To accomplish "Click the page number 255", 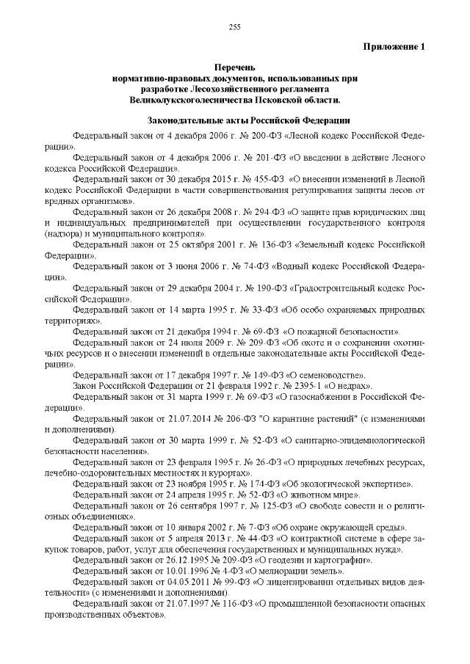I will (x=235, y=27).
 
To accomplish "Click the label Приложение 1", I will (x=394, y=47).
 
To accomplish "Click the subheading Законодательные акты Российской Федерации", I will (x=234, y=120).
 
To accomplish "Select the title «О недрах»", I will (x=339, y=384).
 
